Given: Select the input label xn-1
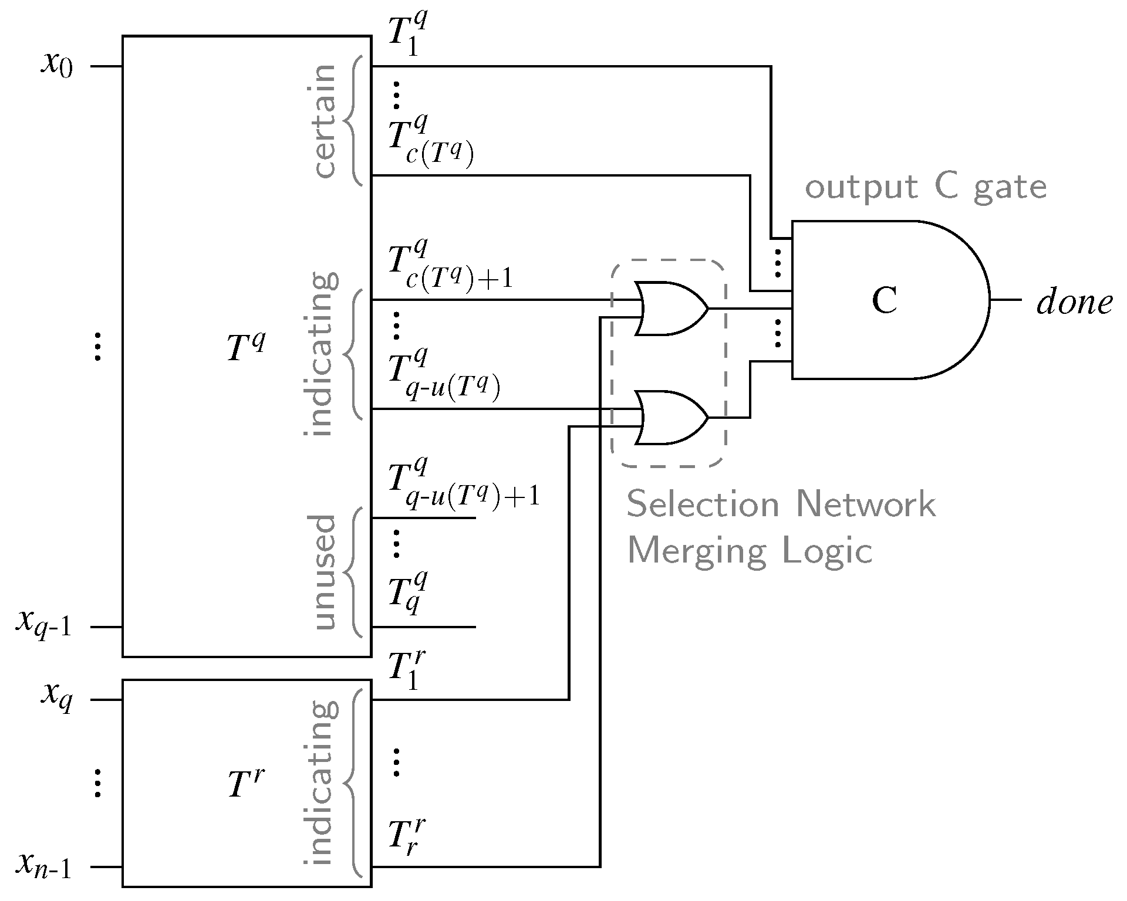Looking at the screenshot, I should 43,866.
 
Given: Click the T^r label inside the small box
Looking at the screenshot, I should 245,784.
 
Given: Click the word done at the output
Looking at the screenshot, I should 1074,303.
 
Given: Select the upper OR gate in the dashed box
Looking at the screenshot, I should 669,308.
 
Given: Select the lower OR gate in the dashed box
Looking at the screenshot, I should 669,417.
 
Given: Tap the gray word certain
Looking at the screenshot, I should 325,121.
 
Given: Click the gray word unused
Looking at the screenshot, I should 325,572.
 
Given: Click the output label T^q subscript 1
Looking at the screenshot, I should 409,36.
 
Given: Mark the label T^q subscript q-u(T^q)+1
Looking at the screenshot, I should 464,486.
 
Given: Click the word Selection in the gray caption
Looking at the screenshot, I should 701,504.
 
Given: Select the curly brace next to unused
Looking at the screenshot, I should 353,572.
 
